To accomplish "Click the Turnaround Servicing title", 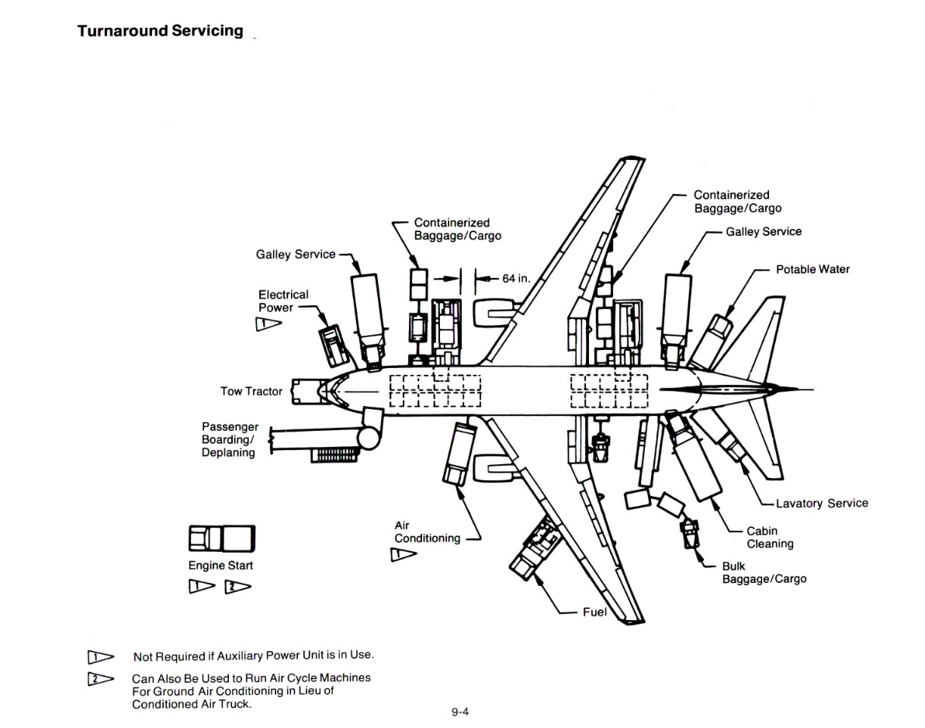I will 160,32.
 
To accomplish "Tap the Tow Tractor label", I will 251,391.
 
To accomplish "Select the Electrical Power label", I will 283,301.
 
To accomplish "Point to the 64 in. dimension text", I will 515,278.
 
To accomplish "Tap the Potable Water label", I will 812,269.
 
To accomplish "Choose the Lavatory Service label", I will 821,503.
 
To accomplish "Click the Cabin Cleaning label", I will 770,538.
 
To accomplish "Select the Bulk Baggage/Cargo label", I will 764,573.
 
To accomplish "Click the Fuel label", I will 594,612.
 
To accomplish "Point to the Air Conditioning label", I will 427,532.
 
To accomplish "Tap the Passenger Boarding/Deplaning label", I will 230,439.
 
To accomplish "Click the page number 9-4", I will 460,712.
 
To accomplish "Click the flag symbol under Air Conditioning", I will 403,554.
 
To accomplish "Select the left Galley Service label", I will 296,254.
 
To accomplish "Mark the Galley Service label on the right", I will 763,231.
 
